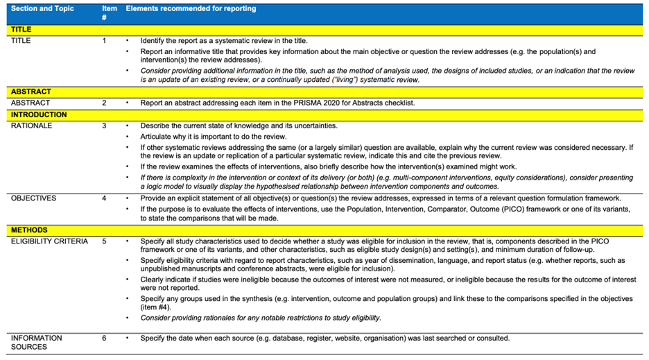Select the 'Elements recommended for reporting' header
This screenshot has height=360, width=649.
[191, 9]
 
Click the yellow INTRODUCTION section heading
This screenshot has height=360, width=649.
[39, 114]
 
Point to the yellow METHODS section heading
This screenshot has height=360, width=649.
[28, 230]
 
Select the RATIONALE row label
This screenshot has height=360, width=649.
[32, 126]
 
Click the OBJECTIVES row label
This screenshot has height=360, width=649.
[34, 198]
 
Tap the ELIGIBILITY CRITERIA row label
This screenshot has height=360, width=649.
[49, 241]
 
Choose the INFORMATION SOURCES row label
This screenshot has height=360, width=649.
[37, 343]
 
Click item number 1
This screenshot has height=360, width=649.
[105, 41]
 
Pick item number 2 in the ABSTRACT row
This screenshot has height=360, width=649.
[105, 103]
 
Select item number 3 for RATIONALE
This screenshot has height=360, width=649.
[105, 126]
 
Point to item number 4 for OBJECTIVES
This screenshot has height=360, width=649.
[105, 198]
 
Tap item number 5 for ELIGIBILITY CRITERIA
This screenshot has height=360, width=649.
[105, 241]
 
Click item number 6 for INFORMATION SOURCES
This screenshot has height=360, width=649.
[105, 338]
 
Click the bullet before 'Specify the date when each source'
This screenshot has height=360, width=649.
[128, 338]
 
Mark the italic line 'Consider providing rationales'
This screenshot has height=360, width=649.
[261, 318]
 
